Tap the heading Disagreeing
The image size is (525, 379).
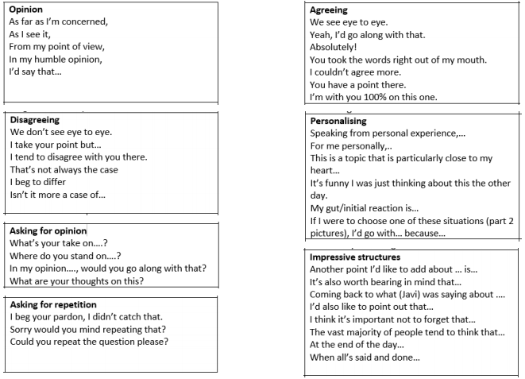point(37,118)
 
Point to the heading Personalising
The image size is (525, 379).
point(340,121)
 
